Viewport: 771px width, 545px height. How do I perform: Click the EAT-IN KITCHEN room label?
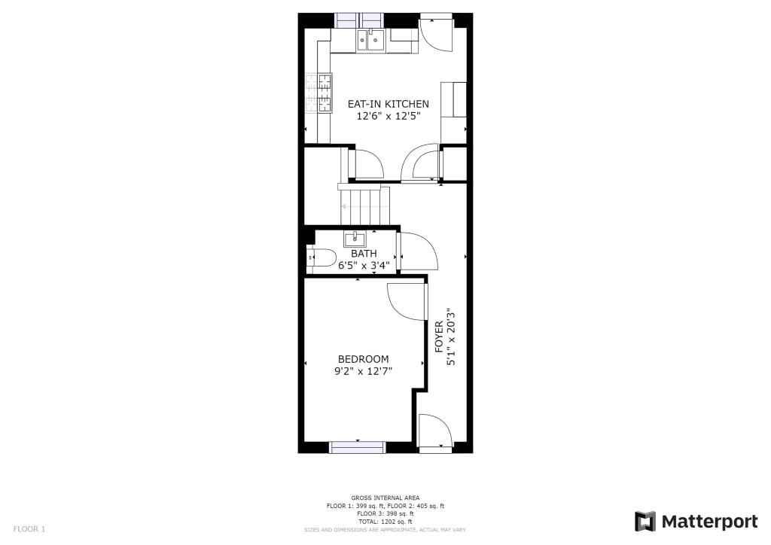(388, 104)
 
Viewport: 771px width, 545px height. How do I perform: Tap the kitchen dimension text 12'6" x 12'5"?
(388, 116)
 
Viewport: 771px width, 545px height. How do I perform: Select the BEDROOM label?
(363, 359)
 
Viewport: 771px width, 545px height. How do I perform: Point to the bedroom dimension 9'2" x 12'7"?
(363, 370)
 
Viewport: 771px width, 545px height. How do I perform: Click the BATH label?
(364, 254)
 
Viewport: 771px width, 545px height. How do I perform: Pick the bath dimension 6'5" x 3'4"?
(364, 265)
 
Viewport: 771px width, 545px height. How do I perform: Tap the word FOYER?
(439, 336)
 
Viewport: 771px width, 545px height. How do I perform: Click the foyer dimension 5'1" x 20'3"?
(451, 336)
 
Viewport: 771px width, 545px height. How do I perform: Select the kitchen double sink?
(370, 39)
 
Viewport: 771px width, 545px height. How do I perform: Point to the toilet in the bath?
(322, 258)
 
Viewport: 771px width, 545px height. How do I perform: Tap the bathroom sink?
(355, 239)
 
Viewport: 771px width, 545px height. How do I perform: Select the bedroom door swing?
(404, 301)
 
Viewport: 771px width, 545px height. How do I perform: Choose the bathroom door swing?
(417, 251)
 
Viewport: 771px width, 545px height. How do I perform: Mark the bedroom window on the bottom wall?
(357, 446)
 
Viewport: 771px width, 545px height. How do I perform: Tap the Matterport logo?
(696, 522)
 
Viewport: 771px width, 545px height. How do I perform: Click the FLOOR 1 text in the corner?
(29, 529)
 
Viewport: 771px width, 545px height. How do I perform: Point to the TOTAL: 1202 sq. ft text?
(385, 522)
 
